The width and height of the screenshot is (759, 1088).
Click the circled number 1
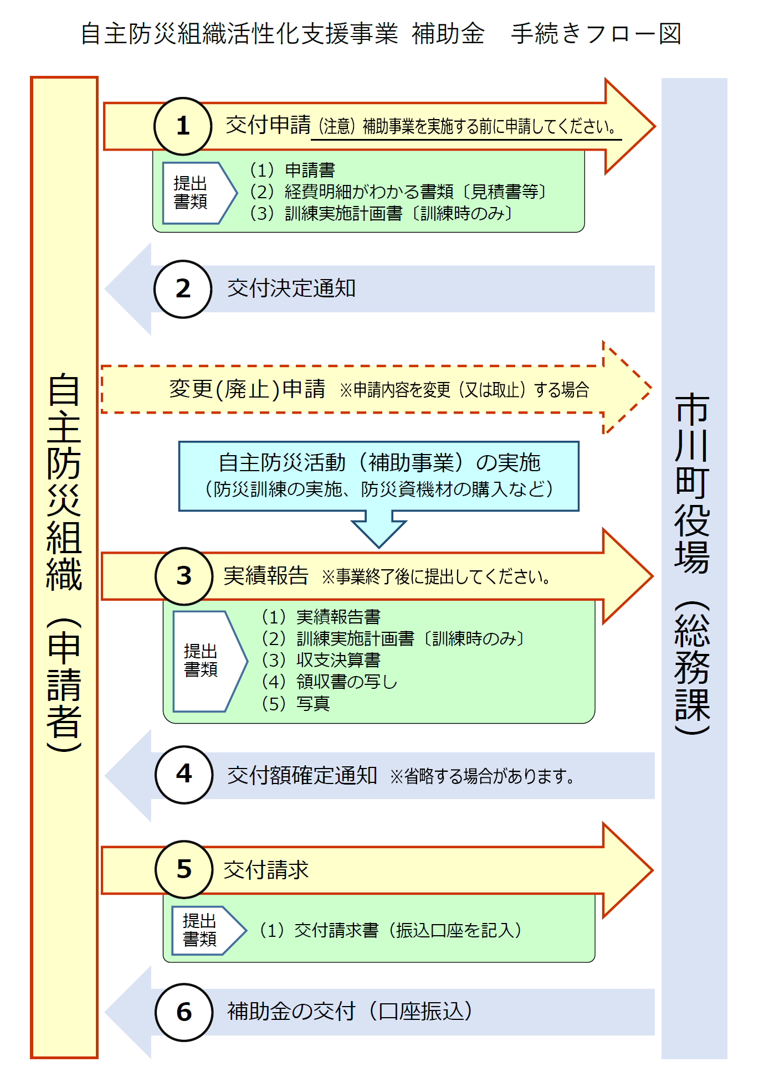[x=183, y=126]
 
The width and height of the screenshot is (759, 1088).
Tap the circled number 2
[x=183, y=289]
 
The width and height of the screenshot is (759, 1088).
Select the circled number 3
[x=184, y=576]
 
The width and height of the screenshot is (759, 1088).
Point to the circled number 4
[x=184, y=774]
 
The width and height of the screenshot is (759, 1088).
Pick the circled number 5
[x=184, y=869]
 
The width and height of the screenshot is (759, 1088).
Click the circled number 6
[x=184, y=1012]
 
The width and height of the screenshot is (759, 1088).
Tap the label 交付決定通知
[x=291, y=289]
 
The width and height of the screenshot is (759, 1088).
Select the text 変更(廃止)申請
[x=247, y=389]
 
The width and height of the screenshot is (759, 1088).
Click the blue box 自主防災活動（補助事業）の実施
[x=379, y=475]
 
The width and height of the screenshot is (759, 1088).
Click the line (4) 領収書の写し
[x=330, y=682]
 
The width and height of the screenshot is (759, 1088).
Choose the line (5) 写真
[x=296, y=704]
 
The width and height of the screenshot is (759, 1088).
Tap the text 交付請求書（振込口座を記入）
[x=391, y=930]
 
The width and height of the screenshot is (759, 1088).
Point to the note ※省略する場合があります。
[x=482, y=776]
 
